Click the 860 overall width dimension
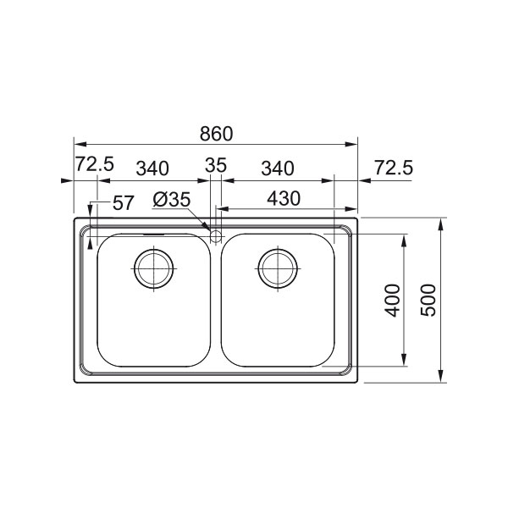click(216, 134)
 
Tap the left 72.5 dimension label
click(95, 164)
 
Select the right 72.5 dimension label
click(394, 168)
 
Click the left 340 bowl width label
click(152, 168)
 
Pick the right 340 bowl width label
click(278, 168)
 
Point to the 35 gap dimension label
click(216, 165)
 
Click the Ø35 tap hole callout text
click(172, 200)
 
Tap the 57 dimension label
click(123, 203)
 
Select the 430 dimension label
click(284, 199)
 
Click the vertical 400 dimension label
click(393, 300)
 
